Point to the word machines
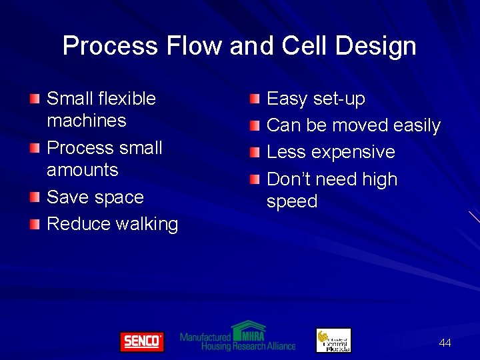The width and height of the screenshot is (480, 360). pyautogui.click(x=86, y=121)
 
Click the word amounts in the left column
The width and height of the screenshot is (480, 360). pyautogui.click(x=82, y=170)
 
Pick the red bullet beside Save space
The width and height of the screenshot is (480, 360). pyautogui.click(x=35, y=197)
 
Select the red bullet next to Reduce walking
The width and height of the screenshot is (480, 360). pyautogui.click(x=35, y=224)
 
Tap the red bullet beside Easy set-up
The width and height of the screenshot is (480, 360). pyautogui.click(x=255, y=99)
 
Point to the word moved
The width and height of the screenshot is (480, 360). pyautogui.click(x=361, y=125)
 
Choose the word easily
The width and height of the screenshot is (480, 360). pyautogui.click(x=417, y=125)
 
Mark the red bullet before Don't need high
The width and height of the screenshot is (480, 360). pyautogui.click(x=255, y=179)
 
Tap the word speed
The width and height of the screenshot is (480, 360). pyautogui.click(x=291, y=201)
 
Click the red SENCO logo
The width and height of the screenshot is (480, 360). pyautogui.click(x=141, y=342)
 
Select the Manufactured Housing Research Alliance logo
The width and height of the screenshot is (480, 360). pyautogui.click(x=238, y=337)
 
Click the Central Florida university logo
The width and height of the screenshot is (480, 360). pyautogui.click(x=333, y=340)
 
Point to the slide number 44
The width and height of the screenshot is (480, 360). pyautogui.click(x=445, y=343)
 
